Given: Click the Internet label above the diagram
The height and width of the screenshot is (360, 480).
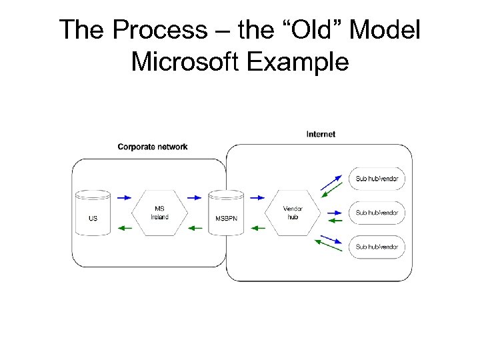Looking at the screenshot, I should (x=321, y=134).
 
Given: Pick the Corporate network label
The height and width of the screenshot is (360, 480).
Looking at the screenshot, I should (x=153, y=147).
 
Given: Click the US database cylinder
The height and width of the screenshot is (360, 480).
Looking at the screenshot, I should (x=93, y=213).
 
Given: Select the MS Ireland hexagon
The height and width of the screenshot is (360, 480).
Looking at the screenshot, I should (x=159, y=213).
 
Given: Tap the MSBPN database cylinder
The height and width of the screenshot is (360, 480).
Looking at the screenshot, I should (x=226, y=213).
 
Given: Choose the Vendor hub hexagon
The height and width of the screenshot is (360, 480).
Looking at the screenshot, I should (x=293, y=213).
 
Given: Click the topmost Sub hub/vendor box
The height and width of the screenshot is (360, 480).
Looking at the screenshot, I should (x=377, y=179).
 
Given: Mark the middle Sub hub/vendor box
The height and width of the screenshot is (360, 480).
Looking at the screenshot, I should (x=377, y=213).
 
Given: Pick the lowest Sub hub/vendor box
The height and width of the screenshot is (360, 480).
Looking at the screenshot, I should (x=377, y=247).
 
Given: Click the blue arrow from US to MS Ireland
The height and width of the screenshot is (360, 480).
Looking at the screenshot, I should (x=125, y=197).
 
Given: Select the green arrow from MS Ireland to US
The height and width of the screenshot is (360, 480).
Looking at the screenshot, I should (x=125, y=229).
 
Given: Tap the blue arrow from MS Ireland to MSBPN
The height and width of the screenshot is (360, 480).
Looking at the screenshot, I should (x=194, y=197).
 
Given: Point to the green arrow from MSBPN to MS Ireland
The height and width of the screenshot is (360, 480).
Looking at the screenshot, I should (x=194, y=229).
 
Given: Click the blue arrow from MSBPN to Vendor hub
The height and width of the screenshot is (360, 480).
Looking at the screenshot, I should (x=258, y=197).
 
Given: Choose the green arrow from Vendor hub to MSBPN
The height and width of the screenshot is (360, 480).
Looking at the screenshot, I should (x=258, y=229).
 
